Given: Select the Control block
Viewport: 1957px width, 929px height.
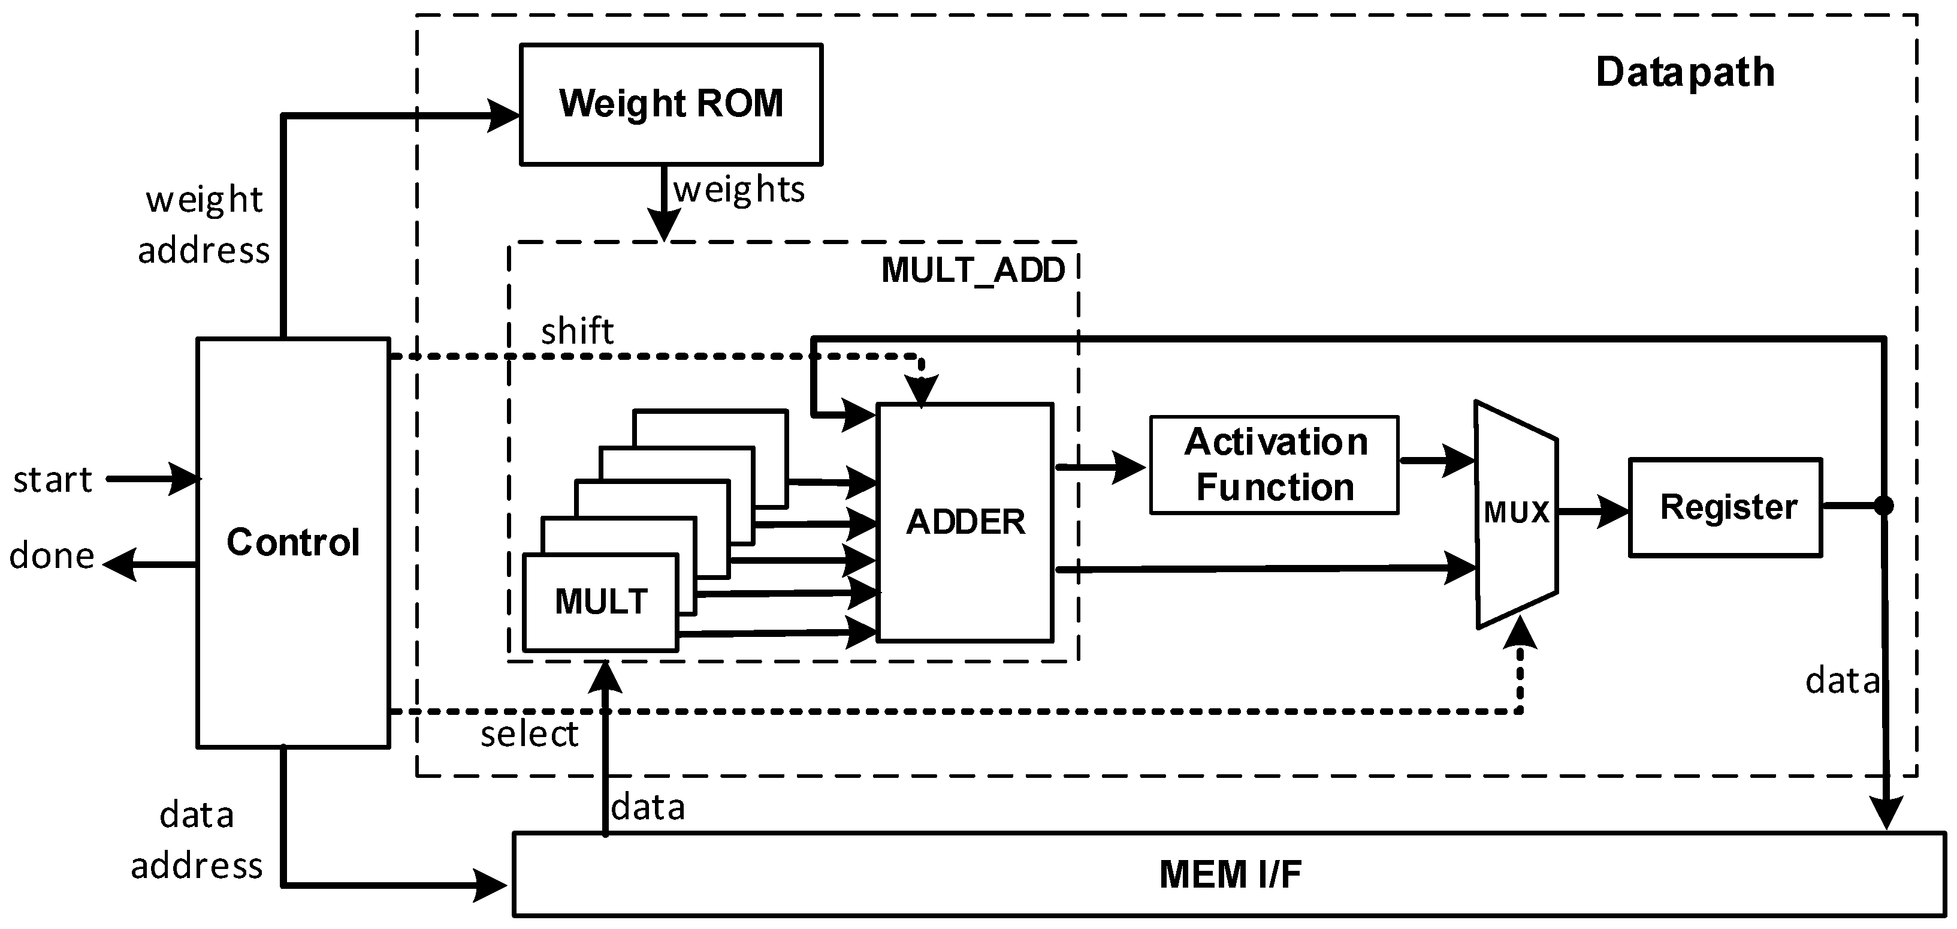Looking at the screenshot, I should click(x=293, y=542).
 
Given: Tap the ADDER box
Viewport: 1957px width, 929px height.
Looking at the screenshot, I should click(x=965, y=522).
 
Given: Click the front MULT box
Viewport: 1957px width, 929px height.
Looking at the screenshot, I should click(x=600, y=602).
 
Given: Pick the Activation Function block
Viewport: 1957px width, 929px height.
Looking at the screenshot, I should click(x=1274, y=464).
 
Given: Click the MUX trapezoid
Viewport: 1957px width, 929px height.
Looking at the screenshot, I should click(x=1515, y=514).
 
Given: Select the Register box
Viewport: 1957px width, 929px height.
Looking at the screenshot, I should click(x=1725, y=507).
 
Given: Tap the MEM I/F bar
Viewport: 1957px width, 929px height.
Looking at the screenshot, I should click(x=1229, y=874).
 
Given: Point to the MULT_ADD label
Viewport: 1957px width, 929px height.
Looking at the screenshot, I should click(x=973, y=270).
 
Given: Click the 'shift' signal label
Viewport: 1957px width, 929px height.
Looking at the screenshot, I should click(x=576, y=332).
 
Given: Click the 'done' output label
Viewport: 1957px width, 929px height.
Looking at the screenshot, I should click(x=51, y=556).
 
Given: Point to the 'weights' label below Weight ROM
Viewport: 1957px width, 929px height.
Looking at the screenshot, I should click(x=738, y=190).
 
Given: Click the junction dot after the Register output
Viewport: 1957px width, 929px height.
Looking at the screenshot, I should click(x=1883, y=506).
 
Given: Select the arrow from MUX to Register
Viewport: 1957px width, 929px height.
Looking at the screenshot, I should click(x=1592, y=511).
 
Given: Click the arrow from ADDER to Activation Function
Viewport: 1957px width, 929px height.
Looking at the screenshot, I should click(x=1101, y=467).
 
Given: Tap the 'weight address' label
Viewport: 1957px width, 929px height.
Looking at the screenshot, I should click(x=204, y=225).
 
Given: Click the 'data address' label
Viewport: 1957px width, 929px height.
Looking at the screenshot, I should click(x=197, y=840).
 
